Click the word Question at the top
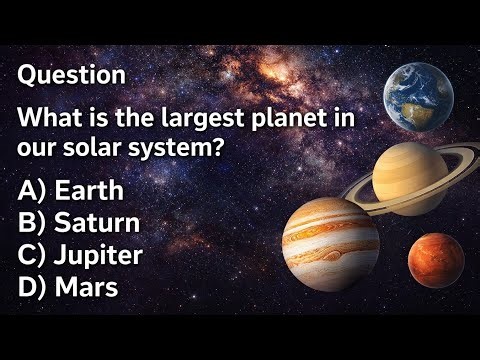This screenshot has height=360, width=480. coord(72,74)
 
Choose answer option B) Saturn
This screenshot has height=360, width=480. coord(79,222)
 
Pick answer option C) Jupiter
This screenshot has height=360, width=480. coord(81,255)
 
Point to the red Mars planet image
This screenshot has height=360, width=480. coord(435,260)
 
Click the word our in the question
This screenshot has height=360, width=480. coord(38,147)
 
